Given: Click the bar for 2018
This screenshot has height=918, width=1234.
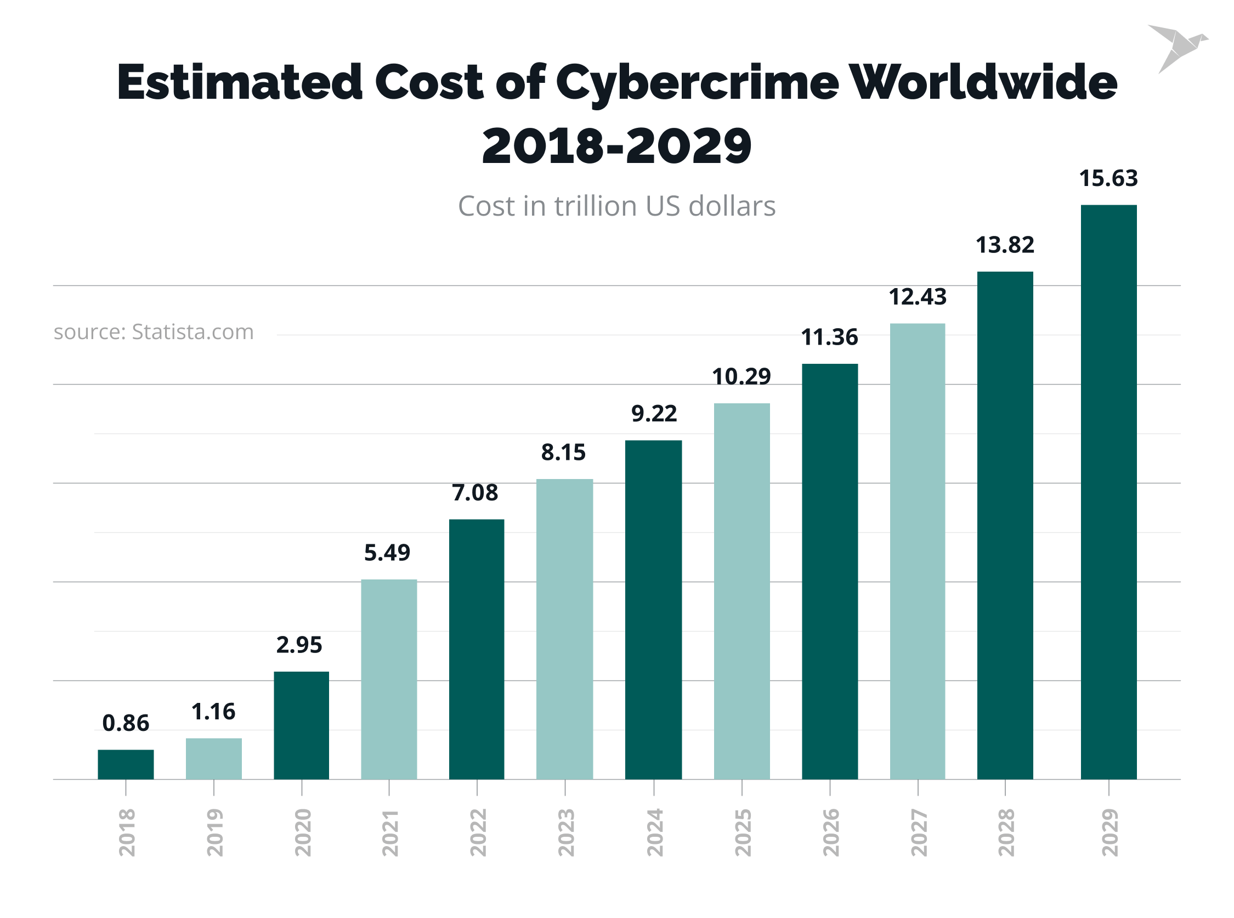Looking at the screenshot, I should pos(126,764).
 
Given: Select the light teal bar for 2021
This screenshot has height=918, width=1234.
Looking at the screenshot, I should pos(389,679).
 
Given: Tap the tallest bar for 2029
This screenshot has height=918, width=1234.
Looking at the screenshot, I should pos(1108,492).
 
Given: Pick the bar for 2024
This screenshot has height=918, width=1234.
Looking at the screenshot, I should pos(653,610).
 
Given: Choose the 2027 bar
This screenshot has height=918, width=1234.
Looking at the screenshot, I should pos(917,551).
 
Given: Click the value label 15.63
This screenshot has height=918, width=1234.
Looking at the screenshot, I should pos(1108,178).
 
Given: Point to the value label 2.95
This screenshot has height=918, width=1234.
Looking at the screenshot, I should pos(299,645).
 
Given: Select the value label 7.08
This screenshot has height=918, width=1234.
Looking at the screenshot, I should pos(475,492).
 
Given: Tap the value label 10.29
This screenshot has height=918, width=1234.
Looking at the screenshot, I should pos(741,377).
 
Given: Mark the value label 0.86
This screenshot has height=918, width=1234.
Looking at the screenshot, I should pos(126,723).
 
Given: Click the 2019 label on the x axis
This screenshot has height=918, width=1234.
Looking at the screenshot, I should pos(214,832).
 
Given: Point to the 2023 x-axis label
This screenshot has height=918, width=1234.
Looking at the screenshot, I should pos(565,832).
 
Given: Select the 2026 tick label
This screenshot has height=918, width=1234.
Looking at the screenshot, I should pos(830,832).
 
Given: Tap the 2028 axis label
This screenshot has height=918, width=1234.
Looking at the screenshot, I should pos(1006,832).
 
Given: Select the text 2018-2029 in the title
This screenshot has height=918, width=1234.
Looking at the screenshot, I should pos(616,145).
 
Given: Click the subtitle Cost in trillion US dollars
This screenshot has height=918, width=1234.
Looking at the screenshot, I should pos(616,206).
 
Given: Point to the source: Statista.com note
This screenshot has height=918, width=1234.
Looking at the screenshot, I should pos(153,332).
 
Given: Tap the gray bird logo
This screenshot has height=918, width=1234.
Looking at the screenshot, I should pos(1176,47).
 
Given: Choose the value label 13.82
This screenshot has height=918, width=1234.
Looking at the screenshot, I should pos(1005,245).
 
